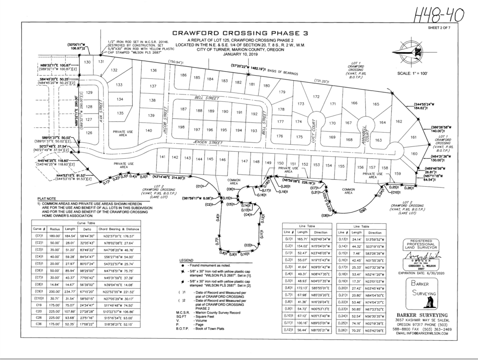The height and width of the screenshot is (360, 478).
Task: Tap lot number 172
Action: [316, 97]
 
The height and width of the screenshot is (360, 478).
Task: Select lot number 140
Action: [149, 131]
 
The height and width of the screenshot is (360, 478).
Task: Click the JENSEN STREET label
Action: [208, 143]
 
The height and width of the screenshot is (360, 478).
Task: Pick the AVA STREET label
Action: [100, 108]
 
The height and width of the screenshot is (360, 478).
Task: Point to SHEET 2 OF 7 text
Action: [439, 28]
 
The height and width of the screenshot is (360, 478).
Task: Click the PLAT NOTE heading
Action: [47, 198]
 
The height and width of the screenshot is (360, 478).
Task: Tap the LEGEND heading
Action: [186, 260]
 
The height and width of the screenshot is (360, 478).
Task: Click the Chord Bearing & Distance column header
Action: [119, 229]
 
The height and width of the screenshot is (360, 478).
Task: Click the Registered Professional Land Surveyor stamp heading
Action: [421, 244]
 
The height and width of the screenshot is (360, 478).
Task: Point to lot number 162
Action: [399, 121]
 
